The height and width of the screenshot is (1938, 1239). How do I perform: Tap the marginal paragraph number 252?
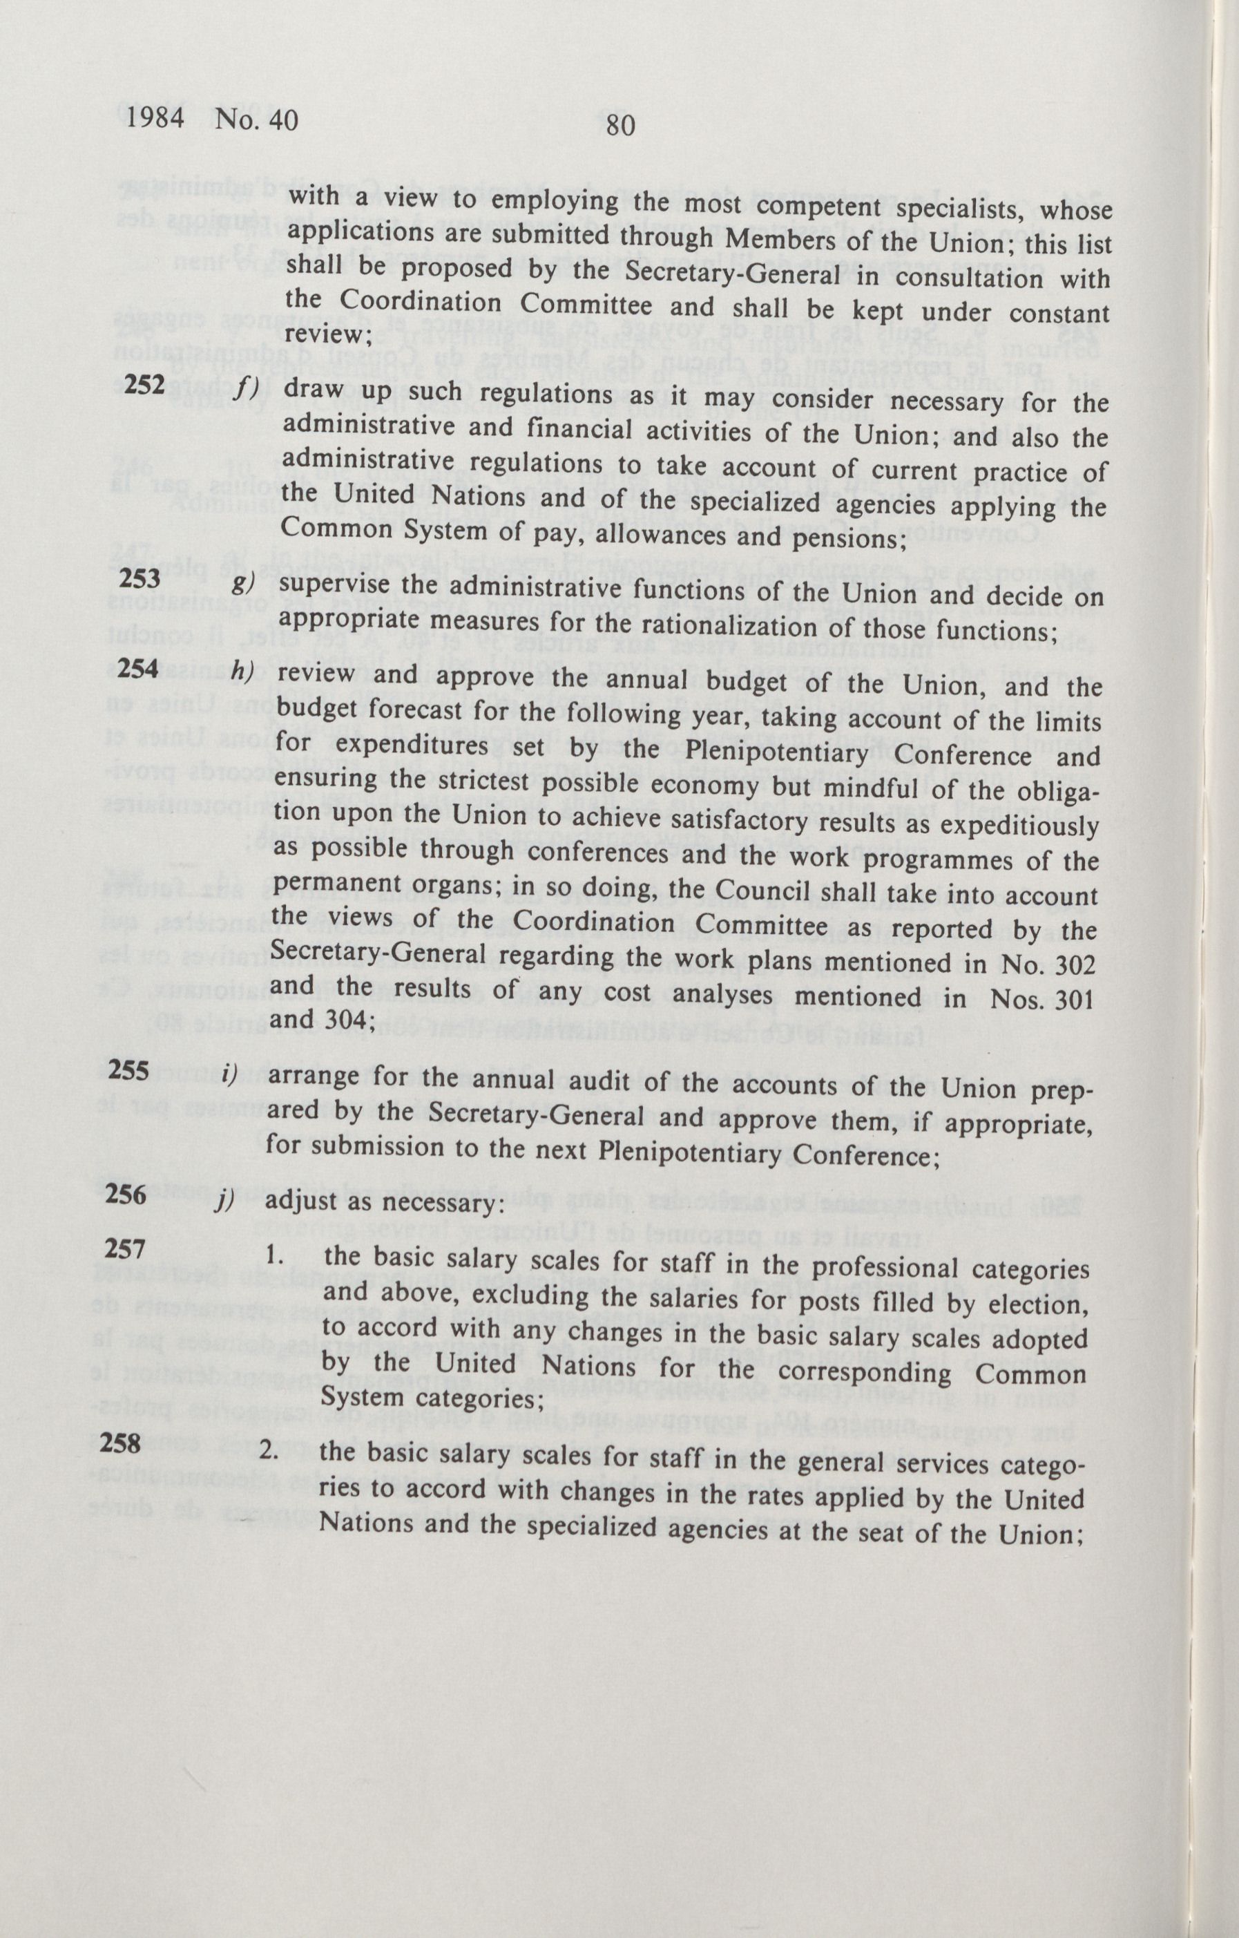pyautogui.click(x=144, y=385)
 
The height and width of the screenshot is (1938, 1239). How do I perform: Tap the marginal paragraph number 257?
pyautogui.click(x=122, y=1250)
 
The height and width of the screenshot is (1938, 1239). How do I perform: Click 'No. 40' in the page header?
pyautogui.click(x=252, y=121)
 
